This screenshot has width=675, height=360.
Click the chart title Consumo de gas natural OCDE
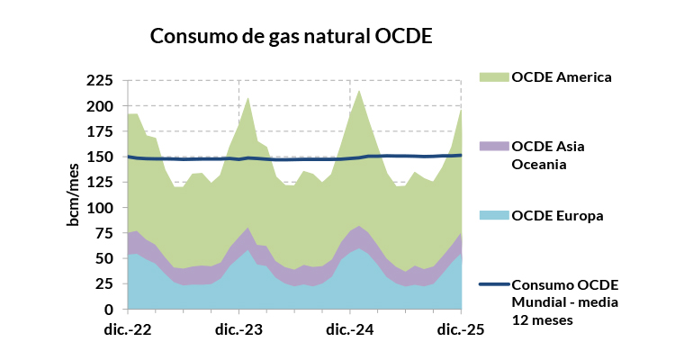coord(291,37)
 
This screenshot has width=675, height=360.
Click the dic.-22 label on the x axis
coord(129,329)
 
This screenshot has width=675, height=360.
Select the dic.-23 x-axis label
coord(239,329)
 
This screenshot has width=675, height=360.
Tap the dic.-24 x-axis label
coord(350,329)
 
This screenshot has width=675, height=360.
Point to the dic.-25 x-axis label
coord(461,329)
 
